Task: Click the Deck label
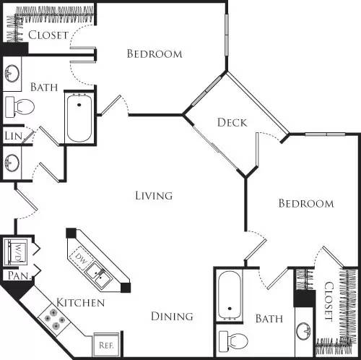tap(232, 122)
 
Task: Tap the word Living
tap(154, 195)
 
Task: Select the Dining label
tap(172, 316)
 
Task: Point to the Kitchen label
tap(81, 302)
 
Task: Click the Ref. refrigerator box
tap(105, 346)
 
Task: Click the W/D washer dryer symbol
tap(17, 253)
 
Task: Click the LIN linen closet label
tap(12, 136)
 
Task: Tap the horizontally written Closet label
tap(48, 35)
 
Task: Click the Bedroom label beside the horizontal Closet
tap(154, 53)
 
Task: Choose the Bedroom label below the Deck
tap(306, 204)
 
